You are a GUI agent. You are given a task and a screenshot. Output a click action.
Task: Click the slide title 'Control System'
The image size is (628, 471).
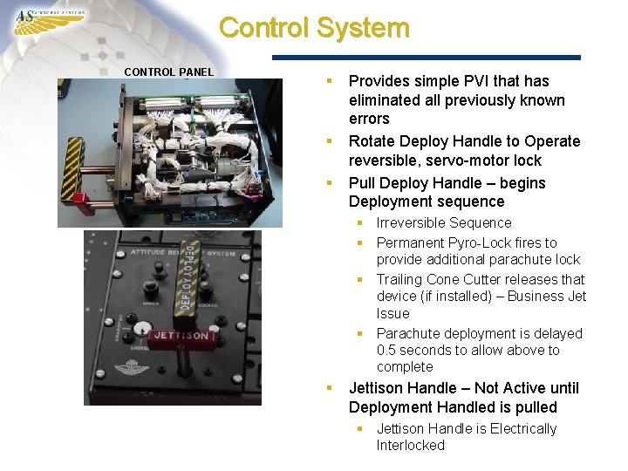click(x=314, y=27)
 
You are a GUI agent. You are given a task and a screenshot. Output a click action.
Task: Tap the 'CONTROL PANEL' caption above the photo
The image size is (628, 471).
click(x=168, y=72)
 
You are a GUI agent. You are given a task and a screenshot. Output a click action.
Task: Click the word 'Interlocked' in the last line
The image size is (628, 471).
click(x=411, y=446)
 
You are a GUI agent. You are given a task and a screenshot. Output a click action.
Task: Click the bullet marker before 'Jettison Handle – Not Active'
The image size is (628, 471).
click(x=330, y=387)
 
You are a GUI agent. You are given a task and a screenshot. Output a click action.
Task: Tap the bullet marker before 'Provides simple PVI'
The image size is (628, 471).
click(x=330, y=80)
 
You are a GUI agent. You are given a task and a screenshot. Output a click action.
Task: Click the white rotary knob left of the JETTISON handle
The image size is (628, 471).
click(x=145, y=329)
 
